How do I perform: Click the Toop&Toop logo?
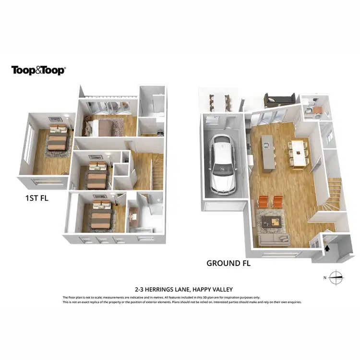coord(38,70)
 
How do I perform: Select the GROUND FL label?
coord(228,263)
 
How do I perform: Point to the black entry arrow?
coord(327,248)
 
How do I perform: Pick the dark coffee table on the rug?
coord(275,221)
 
